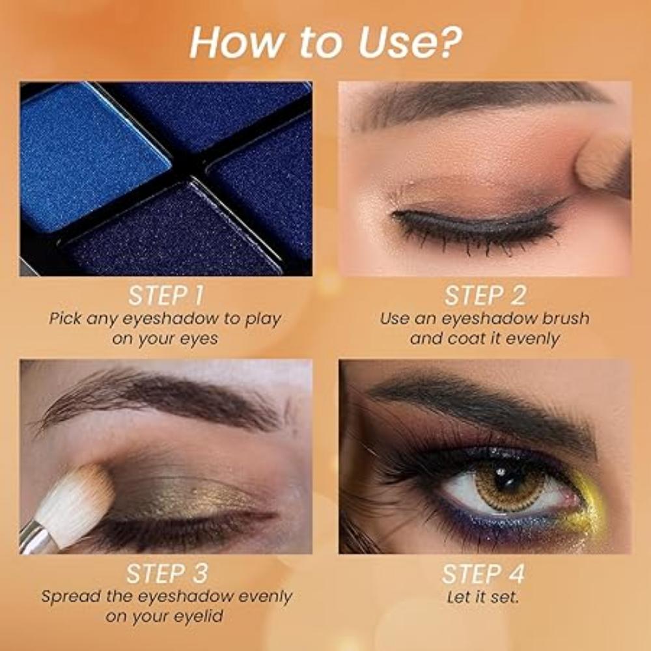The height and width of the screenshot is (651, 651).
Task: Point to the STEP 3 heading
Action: [165, 574]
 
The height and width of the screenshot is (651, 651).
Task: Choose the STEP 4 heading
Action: [483, 574]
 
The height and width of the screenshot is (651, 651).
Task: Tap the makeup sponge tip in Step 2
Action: [602, 163]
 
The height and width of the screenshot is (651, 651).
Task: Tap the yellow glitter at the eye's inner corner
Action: [586, 511]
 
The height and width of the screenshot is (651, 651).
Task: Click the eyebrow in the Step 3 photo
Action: [163, 397]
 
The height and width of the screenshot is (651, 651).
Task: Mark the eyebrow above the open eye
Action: [482, 404]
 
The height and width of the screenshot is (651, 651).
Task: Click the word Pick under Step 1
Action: [65, 319]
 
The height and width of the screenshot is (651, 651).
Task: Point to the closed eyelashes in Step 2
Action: [475, 231]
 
